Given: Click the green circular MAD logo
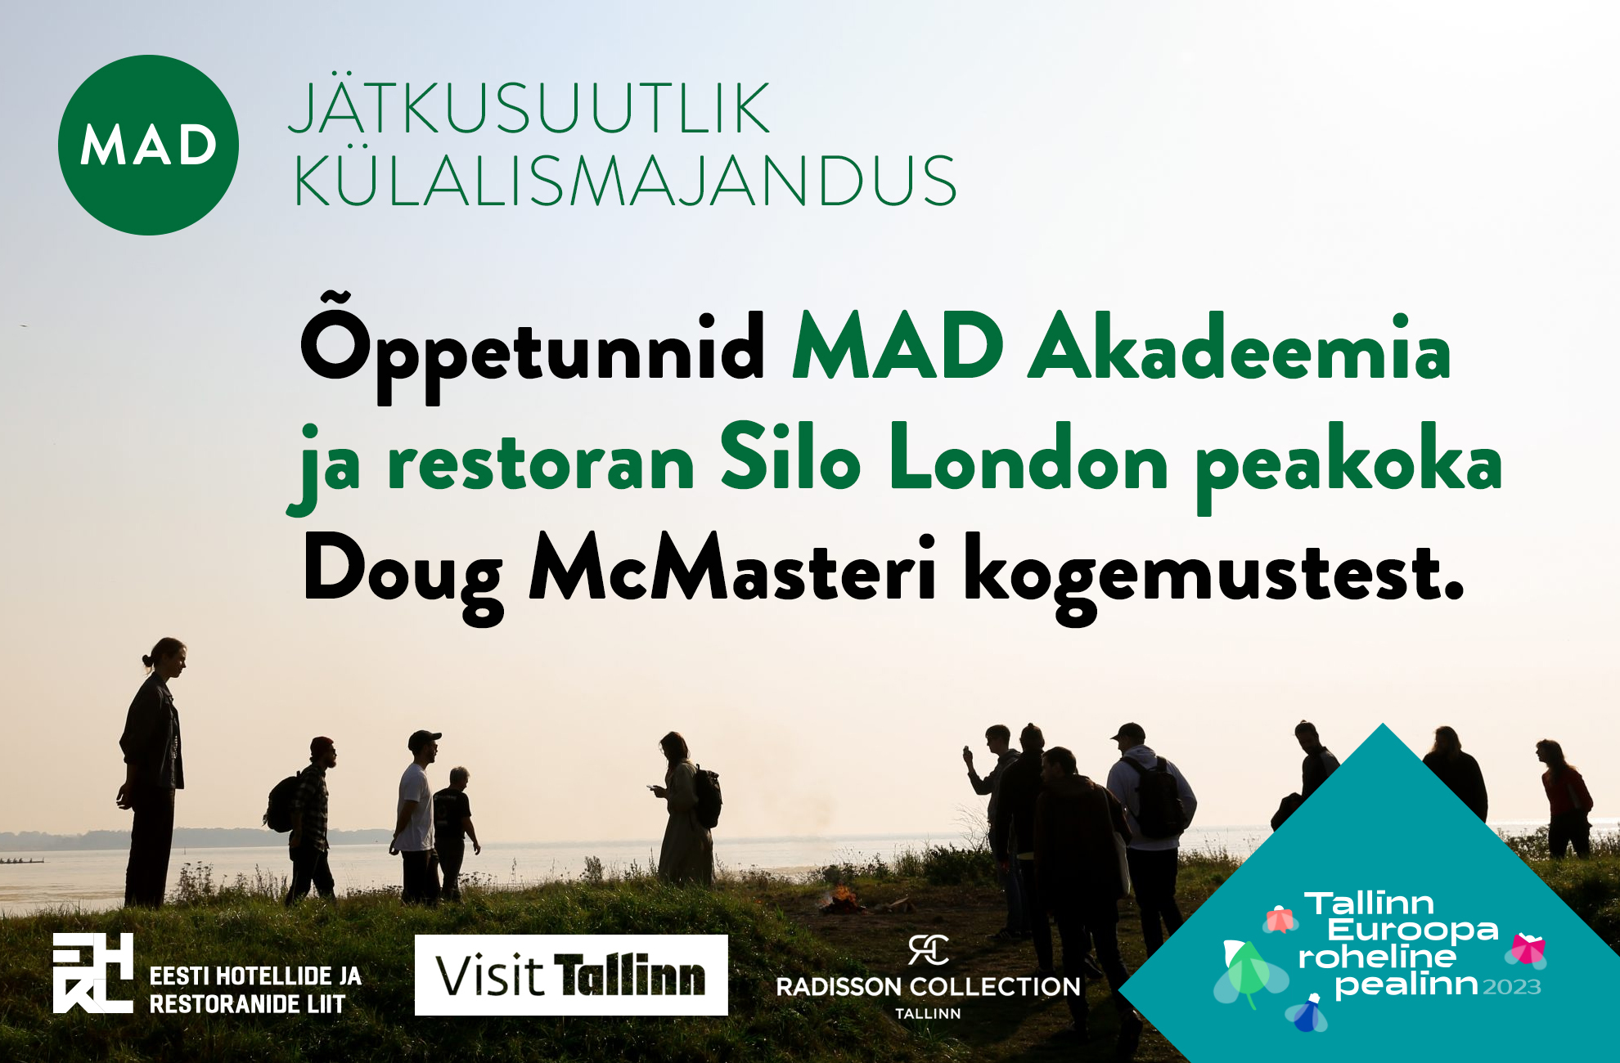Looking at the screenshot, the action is pos(148,145).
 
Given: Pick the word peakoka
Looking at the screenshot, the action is pos(1349,467).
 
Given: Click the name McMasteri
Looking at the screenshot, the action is pos(733,567).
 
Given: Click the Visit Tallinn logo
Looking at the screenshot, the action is pos(571,975).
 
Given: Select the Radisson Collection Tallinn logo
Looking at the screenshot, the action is pos(929,977).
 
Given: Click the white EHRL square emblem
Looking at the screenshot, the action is pos(93,973).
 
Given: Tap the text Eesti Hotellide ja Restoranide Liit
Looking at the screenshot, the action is pos(255,989).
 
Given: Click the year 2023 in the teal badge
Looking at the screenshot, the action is pos(1512,987).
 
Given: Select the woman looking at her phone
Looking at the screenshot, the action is pos(686,810).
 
